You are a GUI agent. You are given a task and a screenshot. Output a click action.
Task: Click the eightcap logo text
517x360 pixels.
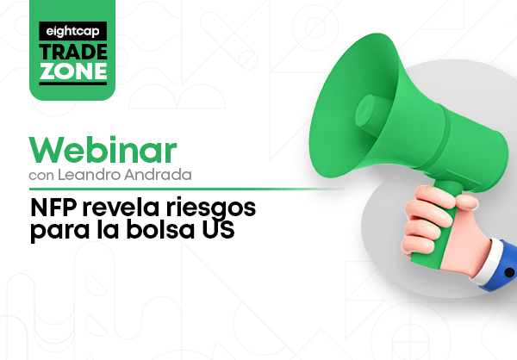72,31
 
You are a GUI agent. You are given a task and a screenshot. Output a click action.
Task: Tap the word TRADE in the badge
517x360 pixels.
73,52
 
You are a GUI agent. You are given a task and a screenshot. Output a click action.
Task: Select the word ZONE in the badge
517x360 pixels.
73,71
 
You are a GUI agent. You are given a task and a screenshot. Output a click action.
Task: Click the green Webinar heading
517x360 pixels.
103,150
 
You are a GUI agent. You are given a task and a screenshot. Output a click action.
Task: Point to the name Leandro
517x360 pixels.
89,175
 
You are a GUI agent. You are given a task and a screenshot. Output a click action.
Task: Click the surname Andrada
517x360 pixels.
158,175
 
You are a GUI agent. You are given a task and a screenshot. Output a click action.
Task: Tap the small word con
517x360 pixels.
41,176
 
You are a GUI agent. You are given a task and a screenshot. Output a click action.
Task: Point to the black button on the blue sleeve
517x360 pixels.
509,272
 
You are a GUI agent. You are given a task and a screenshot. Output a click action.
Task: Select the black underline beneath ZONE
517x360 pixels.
73,84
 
